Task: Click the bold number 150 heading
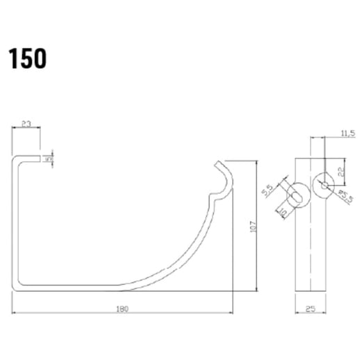click(x=28, y=59)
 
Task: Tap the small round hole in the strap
click(x=325, y=185)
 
